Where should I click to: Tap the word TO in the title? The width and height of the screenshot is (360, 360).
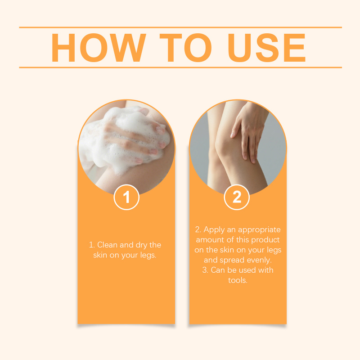click(185, 48)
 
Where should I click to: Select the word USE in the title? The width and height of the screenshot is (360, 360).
click(266, 48)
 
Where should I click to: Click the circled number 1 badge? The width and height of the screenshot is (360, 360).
click(126, 197)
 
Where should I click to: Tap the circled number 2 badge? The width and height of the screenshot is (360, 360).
click(237, 197)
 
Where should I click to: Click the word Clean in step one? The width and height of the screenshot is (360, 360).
click(107, 245)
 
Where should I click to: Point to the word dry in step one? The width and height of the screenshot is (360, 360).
click(141, 245)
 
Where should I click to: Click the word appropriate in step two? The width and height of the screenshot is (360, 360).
click(259, 230)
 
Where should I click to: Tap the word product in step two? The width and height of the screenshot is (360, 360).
click(265, 240)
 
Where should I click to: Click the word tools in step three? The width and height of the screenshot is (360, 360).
click(238, 280)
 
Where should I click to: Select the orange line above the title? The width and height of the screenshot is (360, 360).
click(180, 27)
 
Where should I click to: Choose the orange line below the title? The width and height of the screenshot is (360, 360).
click(180, 67)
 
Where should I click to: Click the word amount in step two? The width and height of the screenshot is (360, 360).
click(210, 240)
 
